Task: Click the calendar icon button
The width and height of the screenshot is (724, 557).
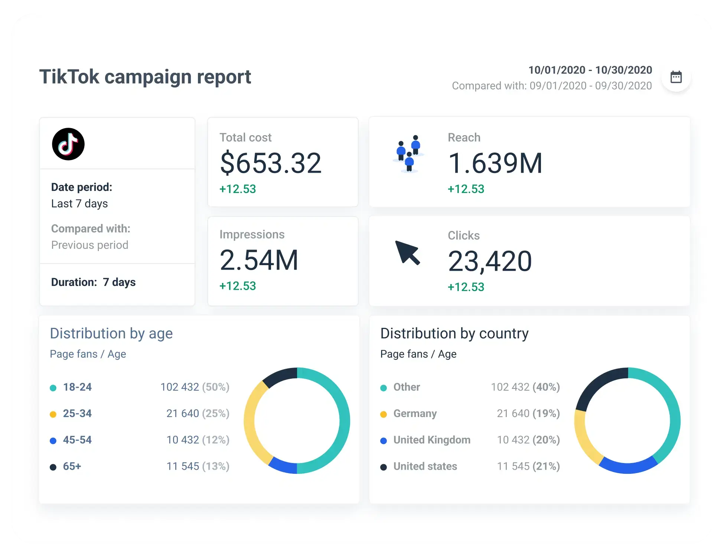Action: point(676,77)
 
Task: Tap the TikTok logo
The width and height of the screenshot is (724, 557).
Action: point(68,144)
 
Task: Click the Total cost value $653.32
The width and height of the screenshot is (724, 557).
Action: point(271,163)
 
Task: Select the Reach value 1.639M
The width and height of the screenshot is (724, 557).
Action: point(495,163)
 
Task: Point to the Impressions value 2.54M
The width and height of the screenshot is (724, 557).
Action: point(259,260)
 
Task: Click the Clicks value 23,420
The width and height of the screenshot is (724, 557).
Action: point(490,261)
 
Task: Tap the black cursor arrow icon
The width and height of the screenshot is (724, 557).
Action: point(407,253)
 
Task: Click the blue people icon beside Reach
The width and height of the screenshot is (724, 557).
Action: point(408,154)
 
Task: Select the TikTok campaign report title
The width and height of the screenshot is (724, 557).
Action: point(145,77)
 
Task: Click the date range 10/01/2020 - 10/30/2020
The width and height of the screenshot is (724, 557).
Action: point(590,70)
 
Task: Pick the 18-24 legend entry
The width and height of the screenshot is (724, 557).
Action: point(71,387)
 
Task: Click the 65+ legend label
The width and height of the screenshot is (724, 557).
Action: point(72,466)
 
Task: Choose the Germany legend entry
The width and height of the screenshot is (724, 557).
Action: point(409,414)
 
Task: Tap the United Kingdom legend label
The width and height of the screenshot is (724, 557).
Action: point(432,440)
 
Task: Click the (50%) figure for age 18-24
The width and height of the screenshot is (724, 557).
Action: point(216,387)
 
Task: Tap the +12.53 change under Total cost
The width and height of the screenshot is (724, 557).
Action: point(238,189)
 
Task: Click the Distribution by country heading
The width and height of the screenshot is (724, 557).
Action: point(454,333)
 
